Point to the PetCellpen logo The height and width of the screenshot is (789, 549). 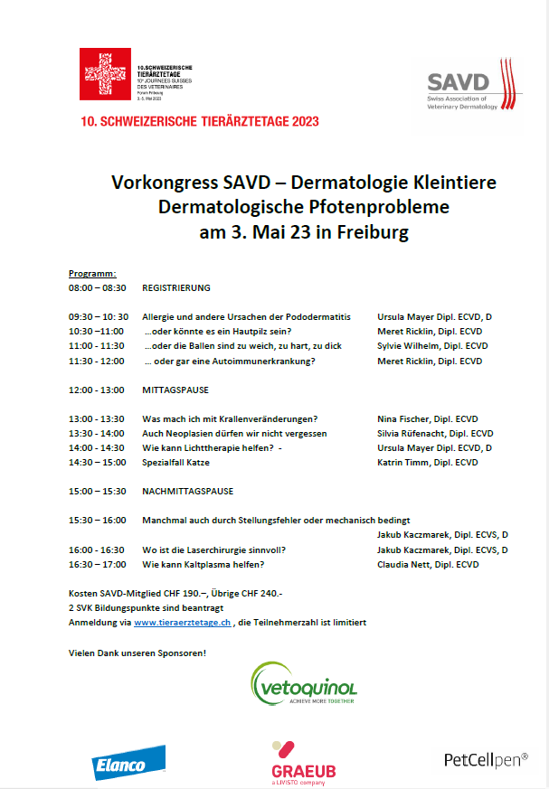point(486,760)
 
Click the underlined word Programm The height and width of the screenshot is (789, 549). point(92,273)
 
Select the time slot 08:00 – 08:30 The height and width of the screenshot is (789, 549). point(97,287)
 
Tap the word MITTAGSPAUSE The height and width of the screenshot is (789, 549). point(175,390)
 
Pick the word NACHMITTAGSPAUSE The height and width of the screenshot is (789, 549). point(187,492)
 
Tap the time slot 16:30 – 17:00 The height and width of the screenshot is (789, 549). point(97,565)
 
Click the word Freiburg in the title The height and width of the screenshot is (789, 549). point(371,231)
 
